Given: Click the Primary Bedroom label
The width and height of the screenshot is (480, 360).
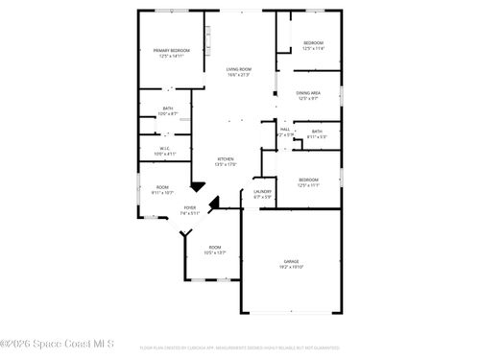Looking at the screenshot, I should (x=172, y=49).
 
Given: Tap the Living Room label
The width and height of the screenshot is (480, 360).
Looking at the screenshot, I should (x=239, y=69).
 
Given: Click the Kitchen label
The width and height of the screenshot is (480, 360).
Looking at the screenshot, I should (x=226, y=158).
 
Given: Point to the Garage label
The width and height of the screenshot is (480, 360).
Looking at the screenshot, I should (x=291, y=260).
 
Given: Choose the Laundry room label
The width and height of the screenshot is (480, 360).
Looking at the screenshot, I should (x=263, y=191).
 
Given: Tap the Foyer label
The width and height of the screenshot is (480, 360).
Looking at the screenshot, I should (x=190, y=207).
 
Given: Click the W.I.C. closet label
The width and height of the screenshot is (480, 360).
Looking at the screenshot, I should (x=167, y=148).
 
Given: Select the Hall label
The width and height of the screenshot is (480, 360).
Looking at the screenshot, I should (x=285, y=129).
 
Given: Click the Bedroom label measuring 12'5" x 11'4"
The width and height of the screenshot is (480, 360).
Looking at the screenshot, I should (x=314, y=43).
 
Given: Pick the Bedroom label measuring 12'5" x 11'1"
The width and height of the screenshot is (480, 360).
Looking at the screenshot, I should (x=308, y=180).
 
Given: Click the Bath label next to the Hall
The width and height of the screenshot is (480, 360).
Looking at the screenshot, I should (x=317, y=131).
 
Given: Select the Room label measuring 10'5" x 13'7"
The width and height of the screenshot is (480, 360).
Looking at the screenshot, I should (x=217, y=247).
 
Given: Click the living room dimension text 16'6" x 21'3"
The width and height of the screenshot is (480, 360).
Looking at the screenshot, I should (x=239, y=76).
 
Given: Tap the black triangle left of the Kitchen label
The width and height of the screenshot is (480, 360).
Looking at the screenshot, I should (x=196, y=186).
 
